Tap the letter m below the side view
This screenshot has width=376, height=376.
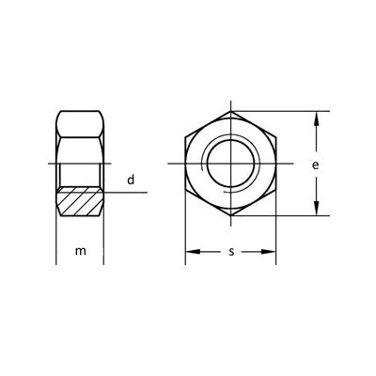[x=82, y=251]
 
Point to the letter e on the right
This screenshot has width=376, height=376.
[x=316, y=165]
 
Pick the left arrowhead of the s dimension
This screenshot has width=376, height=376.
[x=189, y=251]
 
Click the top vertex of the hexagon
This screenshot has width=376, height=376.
[x=230, y=114]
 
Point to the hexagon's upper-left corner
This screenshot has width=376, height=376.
[x=185, y=139]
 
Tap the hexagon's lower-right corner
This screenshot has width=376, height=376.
[x=275, y=191]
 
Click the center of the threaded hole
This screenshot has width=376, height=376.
[x=230, y=164]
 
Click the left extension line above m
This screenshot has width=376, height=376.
[x=56, y=240]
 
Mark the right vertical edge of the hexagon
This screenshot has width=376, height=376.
[x=275, y=165]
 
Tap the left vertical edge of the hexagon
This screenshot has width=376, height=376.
[x=185, y=165]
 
